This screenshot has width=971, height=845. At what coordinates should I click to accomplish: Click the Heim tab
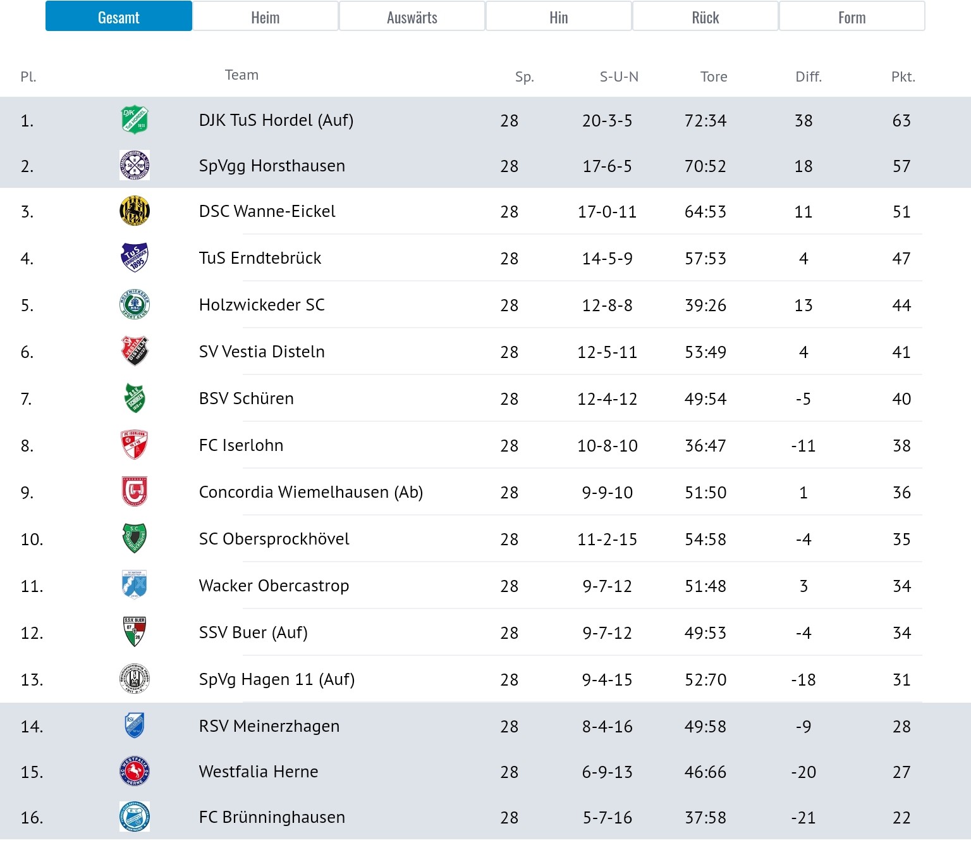[x=266, y=16]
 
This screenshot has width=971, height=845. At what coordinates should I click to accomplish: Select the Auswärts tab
[x=412, y=16]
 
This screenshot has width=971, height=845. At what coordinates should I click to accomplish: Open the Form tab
[x=852, y=16]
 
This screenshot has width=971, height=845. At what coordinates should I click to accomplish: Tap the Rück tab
[x=705, y=16]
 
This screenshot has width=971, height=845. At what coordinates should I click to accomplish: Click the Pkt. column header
[x=903, y=77]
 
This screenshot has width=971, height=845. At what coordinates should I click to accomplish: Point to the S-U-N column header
[x=619, y=77]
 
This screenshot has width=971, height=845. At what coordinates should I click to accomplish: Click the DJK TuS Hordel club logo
[x=135, y=120]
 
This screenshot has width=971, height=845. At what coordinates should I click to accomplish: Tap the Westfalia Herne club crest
[x=135, y=772]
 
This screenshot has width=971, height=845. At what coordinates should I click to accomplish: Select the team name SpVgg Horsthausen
[x=272, y=166]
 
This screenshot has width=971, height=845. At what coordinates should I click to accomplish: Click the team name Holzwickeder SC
[x=262, y=305]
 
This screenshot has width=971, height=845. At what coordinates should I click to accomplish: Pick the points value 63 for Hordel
[x=901, y=121]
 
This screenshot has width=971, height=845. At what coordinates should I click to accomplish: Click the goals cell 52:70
[x=705, y=680]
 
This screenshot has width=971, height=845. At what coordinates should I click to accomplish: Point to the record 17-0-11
[x=607, y=212]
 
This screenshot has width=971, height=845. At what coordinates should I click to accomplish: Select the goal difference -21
[x=803, y=817]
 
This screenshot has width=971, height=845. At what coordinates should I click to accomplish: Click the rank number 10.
[x=32, y=540]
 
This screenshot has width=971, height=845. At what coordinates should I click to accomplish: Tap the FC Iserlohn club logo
[x=135, y=445]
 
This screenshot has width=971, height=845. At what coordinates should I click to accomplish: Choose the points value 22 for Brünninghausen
[x=901, y=817]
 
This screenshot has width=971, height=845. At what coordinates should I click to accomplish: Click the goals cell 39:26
[x=705, y=305]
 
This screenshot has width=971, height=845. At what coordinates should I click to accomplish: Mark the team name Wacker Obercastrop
[x=274, y=586]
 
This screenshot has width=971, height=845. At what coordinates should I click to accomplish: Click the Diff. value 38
[x=803, y=121]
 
